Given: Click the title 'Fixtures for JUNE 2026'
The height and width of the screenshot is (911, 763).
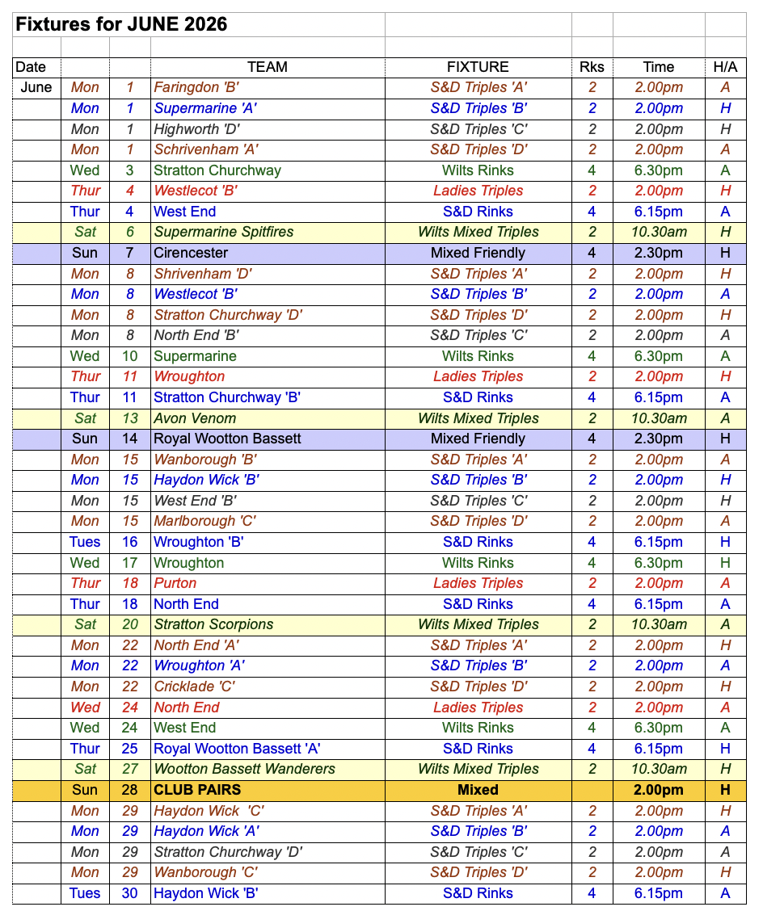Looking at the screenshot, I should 121,24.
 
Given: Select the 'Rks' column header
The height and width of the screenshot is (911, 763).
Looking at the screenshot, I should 592,67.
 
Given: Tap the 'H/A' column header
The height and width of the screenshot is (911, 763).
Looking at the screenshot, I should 725,67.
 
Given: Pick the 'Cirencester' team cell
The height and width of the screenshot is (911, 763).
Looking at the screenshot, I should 191,253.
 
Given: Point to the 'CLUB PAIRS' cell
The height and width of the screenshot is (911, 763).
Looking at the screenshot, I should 197,790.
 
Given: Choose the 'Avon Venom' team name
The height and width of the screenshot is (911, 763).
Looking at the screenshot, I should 195,418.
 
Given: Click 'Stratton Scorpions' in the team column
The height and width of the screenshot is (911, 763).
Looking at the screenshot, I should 213,624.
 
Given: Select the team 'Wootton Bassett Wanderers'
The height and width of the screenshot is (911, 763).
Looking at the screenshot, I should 244,769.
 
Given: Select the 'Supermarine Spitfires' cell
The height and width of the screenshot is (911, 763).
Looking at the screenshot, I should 224,232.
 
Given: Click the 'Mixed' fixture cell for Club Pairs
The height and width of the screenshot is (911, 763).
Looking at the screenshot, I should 478,790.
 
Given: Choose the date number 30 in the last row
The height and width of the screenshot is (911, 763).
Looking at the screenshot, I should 130,893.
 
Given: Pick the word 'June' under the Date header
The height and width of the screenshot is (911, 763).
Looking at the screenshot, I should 36,87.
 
